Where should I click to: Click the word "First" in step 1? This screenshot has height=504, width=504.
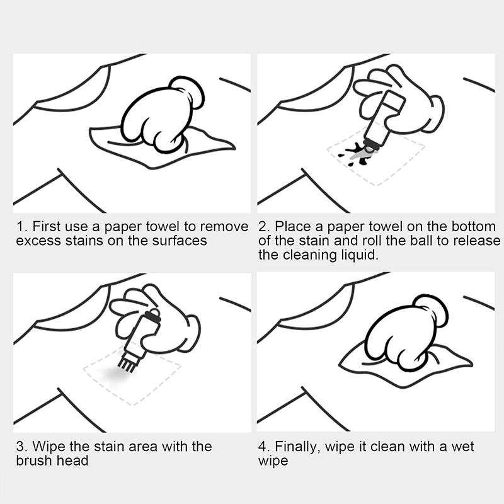click(47, 227)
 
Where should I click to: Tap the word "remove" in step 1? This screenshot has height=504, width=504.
click(224, 227)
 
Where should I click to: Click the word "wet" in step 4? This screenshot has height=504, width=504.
click(462, 447)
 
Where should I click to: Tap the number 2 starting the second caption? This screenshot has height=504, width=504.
click(262, 227)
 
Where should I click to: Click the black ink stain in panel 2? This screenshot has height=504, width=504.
click(356, 153)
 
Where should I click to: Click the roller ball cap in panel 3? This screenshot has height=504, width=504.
click(153, 315)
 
